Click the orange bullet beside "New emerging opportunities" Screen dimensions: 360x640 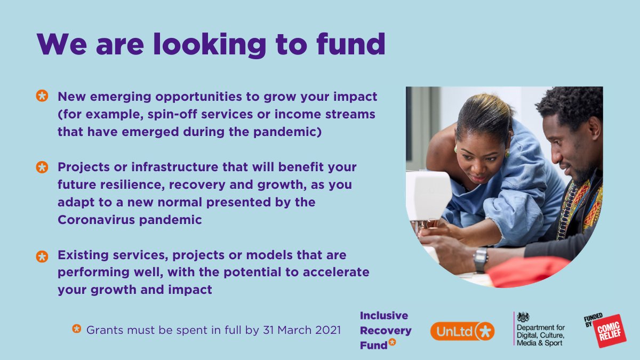(x=42, y=97)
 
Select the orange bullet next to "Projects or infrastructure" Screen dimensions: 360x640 (x=42, y=167)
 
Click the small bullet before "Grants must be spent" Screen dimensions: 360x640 (x=77, y=329)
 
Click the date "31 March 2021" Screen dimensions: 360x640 (x=302, y=330)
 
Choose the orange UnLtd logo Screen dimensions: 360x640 (x=462, y=331)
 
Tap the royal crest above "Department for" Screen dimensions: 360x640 (x=523, y=317)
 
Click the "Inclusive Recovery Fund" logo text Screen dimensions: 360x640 (x=385, y=330)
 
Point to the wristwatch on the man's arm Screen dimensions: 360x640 (x=480, y=259)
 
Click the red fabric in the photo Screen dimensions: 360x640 (x=528, y=271)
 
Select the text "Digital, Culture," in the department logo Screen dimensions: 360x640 (x=540, y=334)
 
